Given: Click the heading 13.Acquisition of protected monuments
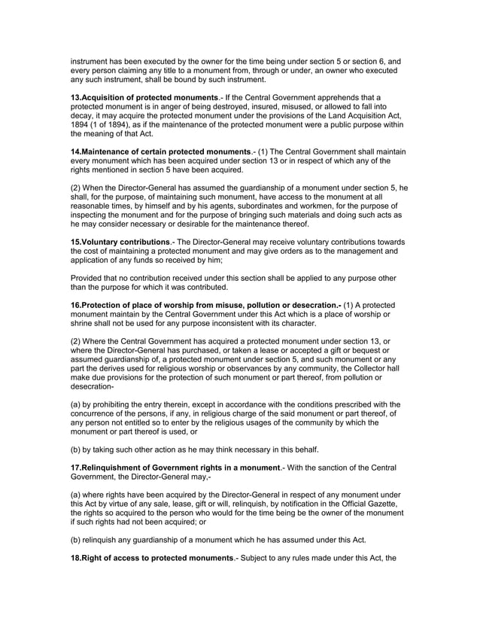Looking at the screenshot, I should click(139, 98).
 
